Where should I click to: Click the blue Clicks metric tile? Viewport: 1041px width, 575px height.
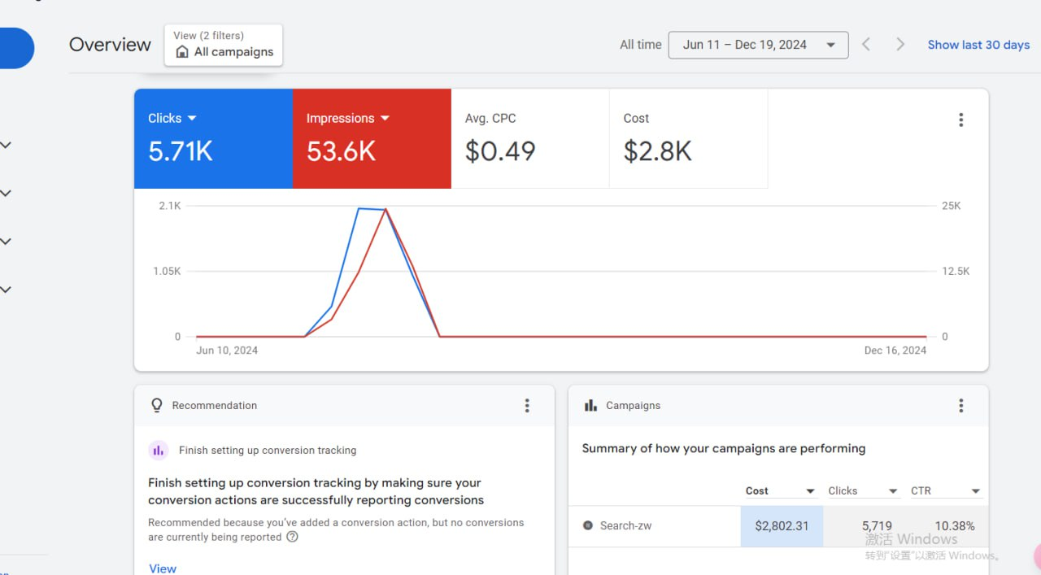pyautogui.click(x=213, y=138)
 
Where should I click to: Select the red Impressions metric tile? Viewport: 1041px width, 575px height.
pyautogui.click(x=372, y=138)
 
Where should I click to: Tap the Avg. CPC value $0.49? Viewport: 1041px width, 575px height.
pyautogui.click(x=500, y=151)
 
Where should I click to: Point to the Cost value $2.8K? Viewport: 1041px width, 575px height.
pyautogui.click(x=657, y=151)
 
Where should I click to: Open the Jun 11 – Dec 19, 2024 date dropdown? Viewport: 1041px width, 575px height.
pyautogui.click(x=758, y=45)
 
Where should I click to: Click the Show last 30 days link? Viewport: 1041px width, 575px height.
pyautogui.click(x=978, y=45)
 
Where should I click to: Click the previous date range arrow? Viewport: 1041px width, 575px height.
pyautogui.click(x=866, y=45)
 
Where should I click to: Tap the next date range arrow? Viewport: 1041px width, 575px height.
pyautogui.click(x=900, y=45)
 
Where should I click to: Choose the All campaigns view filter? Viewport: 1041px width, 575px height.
pyautogui.click(x=224, y=45)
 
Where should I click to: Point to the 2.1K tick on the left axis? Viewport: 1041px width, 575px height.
pyautogui.click(x=170, y=206)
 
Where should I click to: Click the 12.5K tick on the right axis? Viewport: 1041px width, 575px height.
pyautogui.click(x=956, y=271)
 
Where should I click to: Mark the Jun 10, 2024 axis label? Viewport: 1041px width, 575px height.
pyautogui.click(x=227, y=350)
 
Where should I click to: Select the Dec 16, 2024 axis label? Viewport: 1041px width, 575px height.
pyautogui.click(x=895, y=350)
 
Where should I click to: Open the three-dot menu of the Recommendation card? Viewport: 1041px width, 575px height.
pyautogui.click(x=527, y=405)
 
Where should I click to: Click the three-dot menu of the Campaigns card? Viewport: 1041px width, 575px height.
pyautogui.click(x=961, y=405)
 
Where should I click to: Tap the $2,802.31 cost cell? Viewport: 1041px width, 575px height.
pyautogui.click(x=782, y=525)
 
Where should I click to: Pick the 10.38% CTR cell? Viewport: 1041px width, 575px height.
pyautogui.click(x=955, y=525)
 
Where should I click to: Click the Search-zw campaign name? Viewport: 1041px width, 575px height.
pyautogui.click(x=625, y=525)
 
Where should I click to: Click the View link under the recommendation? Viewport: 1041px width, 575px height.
pyautogui.click(x=163, y=568)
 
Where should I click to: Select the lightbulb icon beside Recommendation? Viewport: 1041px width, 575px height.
pyautogui.click(x=157, y=405)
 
